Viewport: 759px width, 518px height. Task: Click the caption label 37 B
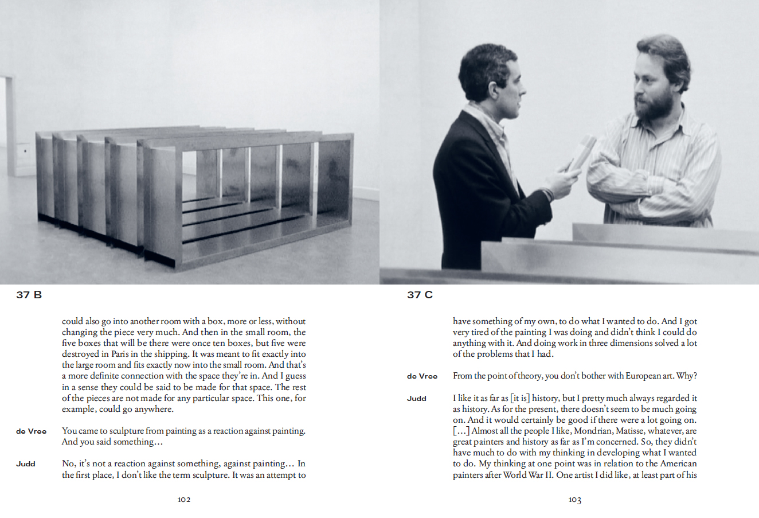point(29,295)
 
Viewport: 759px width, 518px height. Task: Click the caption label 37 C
point(420,295)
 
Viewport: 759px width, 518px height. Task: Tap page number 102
point(183,500)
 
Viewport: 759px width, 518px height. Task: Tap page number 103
point(574,500)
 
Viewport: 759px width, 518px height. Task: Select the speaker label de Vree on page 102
point(31,431)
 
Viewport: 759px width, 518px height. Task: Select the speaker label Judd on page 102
point(25,464)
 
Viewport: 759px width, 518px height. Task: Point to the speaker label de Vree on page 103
point(422,376)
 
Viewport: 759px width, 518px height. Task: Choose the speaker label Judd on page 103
point(416,398)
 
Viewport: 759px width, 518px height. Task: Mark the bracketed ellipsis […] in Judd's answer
point(461,431)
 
